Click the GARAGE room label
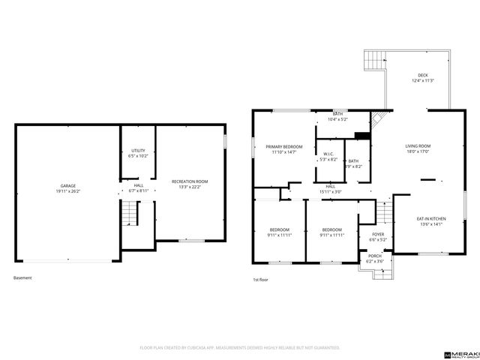point(67,186)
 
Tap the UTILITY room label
point(138,151)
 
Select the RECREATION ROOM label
point(190,181)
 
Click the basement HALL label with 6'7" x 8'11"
point(139,185)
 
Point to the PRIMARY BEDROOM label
point(284,146)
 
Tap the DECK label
point(423,76)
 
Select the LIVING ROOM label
point(418,146)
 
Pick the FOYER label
point(378,234)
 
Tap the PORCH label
point(374,256)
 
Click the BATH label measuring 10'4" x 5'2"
point(338,114)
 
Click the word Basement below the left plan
point(23,277)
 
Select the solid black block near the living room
point(361,136)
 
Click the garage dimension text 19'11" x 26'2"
point(67,190)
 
